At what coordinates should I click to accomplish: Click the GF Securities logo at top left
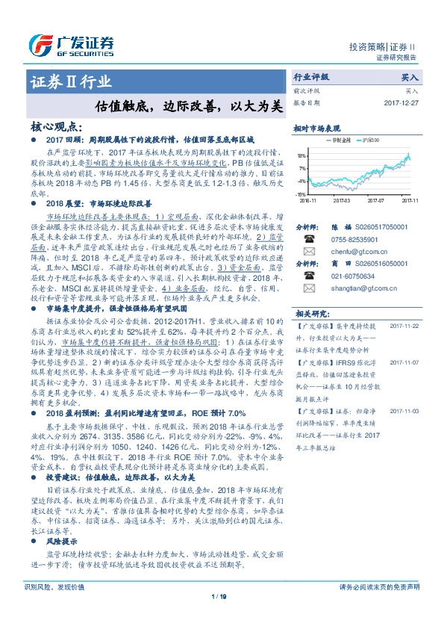(72, 43)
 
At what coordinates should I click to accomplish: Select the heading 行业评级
(311, 77)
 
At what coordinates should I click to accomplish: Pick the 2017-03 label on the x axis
(342, 200)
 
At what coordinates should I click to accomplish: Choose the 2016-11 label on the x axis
(307, 200)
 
